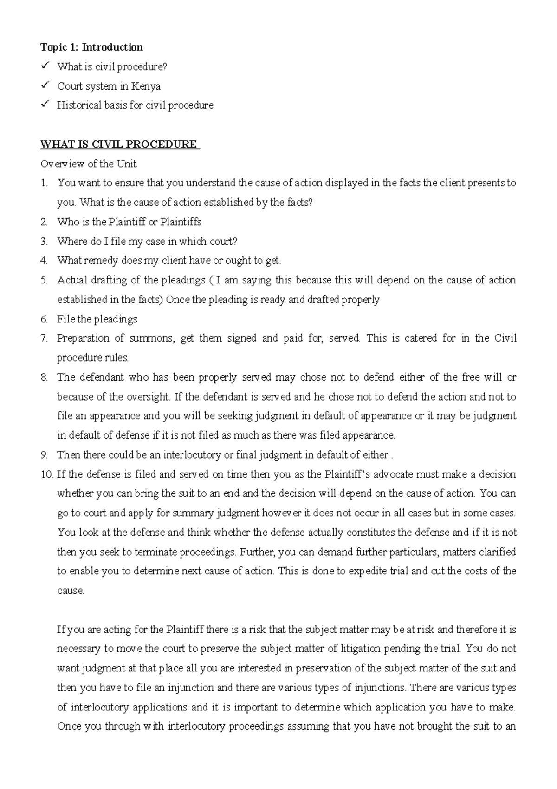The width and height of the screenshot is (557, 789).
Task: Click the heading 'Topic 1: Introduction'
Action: pos(91,47)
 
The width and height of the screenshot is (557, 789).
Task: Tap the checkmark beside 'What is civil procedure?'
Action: pos(45,66)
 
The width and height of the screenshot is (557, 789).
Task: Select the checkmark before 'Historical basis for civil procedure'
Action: pos(45,105)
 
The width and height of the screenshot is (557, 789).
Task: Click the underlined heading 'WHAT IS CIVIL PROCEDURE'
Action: pos(119,144)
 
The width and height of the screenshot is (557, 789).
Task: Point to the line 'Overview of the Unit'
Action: pos(88,164)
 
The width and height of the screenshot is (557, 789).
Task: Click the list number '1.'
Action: pos(44,183)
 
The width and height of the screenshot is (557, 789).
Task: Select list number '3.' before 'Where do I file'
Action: pos(44,241)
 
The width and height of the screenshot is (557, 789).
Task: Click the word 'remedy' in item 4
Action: pos(101,261)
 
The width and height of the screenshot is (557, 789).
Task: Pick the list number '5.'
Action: pos(44,280)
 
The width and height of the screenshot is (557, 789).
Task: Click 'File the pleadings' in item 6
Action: pos(97,319)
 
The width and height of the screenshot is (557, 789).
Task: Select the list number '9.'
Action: pos(44,455)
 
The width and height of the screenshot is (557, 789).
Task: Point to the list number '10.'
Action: pos(47,474)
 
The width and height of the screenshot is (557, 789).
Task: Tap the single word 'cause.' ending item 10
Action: pos(71,591)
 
